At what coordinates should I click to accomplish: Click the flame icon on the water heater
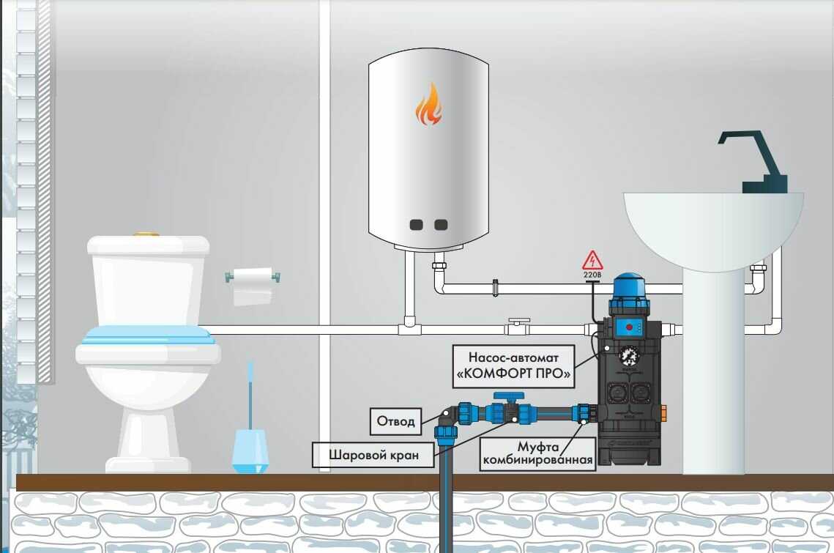(428, 105)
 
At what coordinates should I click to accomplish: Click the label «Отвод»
(396, 420)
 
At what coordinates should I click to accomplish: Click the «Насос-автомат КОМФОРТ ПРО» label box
(512, 366)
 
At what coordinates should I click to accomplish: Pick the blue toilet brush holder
(250, 450)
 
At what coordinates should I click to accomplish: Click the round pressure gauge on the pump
(628, 357)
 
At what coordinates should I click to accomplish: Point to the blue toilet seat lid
(147, 335)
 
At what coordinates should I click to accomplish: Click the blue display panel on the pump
(628, 325)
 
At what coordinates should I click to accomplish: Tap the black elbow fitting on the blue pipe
(448, 416)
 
